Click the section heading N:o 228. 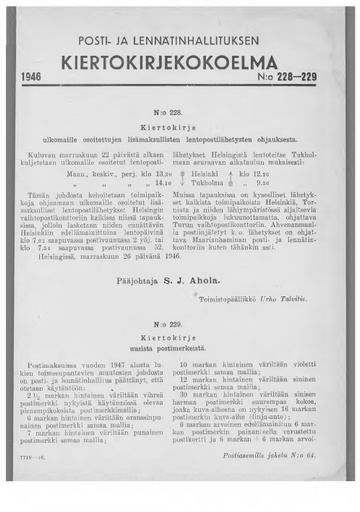click(x=179, y=116)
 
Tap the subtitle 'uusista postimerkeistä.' click(x=179, y=353)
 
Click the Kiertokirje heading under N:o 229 click(x=179, y=341)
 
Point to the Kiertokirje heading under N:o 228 click(x=179, y=130)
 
